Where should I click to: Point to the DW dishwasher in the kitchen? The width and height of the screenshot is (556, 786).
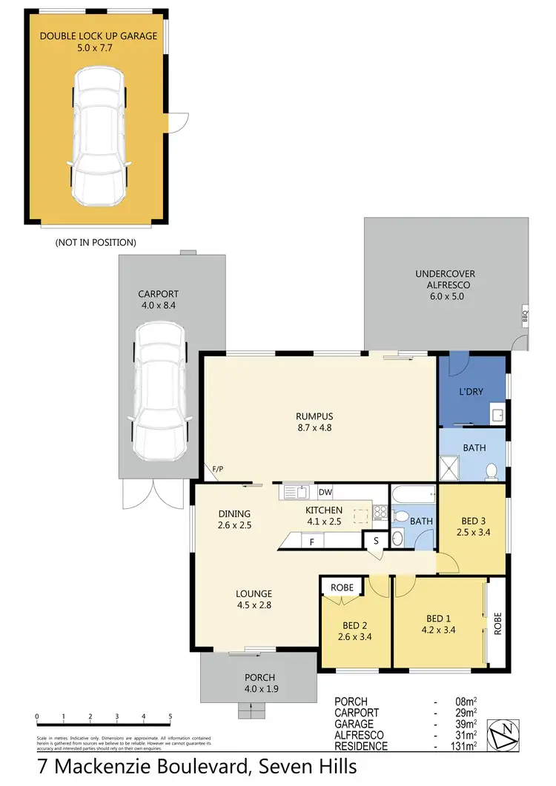325,491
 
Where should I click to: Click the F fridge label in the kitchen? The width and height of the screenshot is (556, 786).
311,542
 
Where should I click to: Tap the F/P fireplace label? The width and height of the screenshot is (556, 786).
218,469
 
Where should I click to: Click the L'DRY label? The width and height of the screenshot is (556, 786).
471,391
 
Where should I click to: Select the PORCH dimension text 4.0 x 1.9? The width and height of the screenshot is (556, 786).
260,688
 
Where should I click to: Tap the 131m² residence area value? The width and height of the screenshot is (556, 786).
464,746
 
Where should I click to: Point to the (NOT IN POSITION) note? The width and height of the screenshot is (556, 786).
96,242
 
